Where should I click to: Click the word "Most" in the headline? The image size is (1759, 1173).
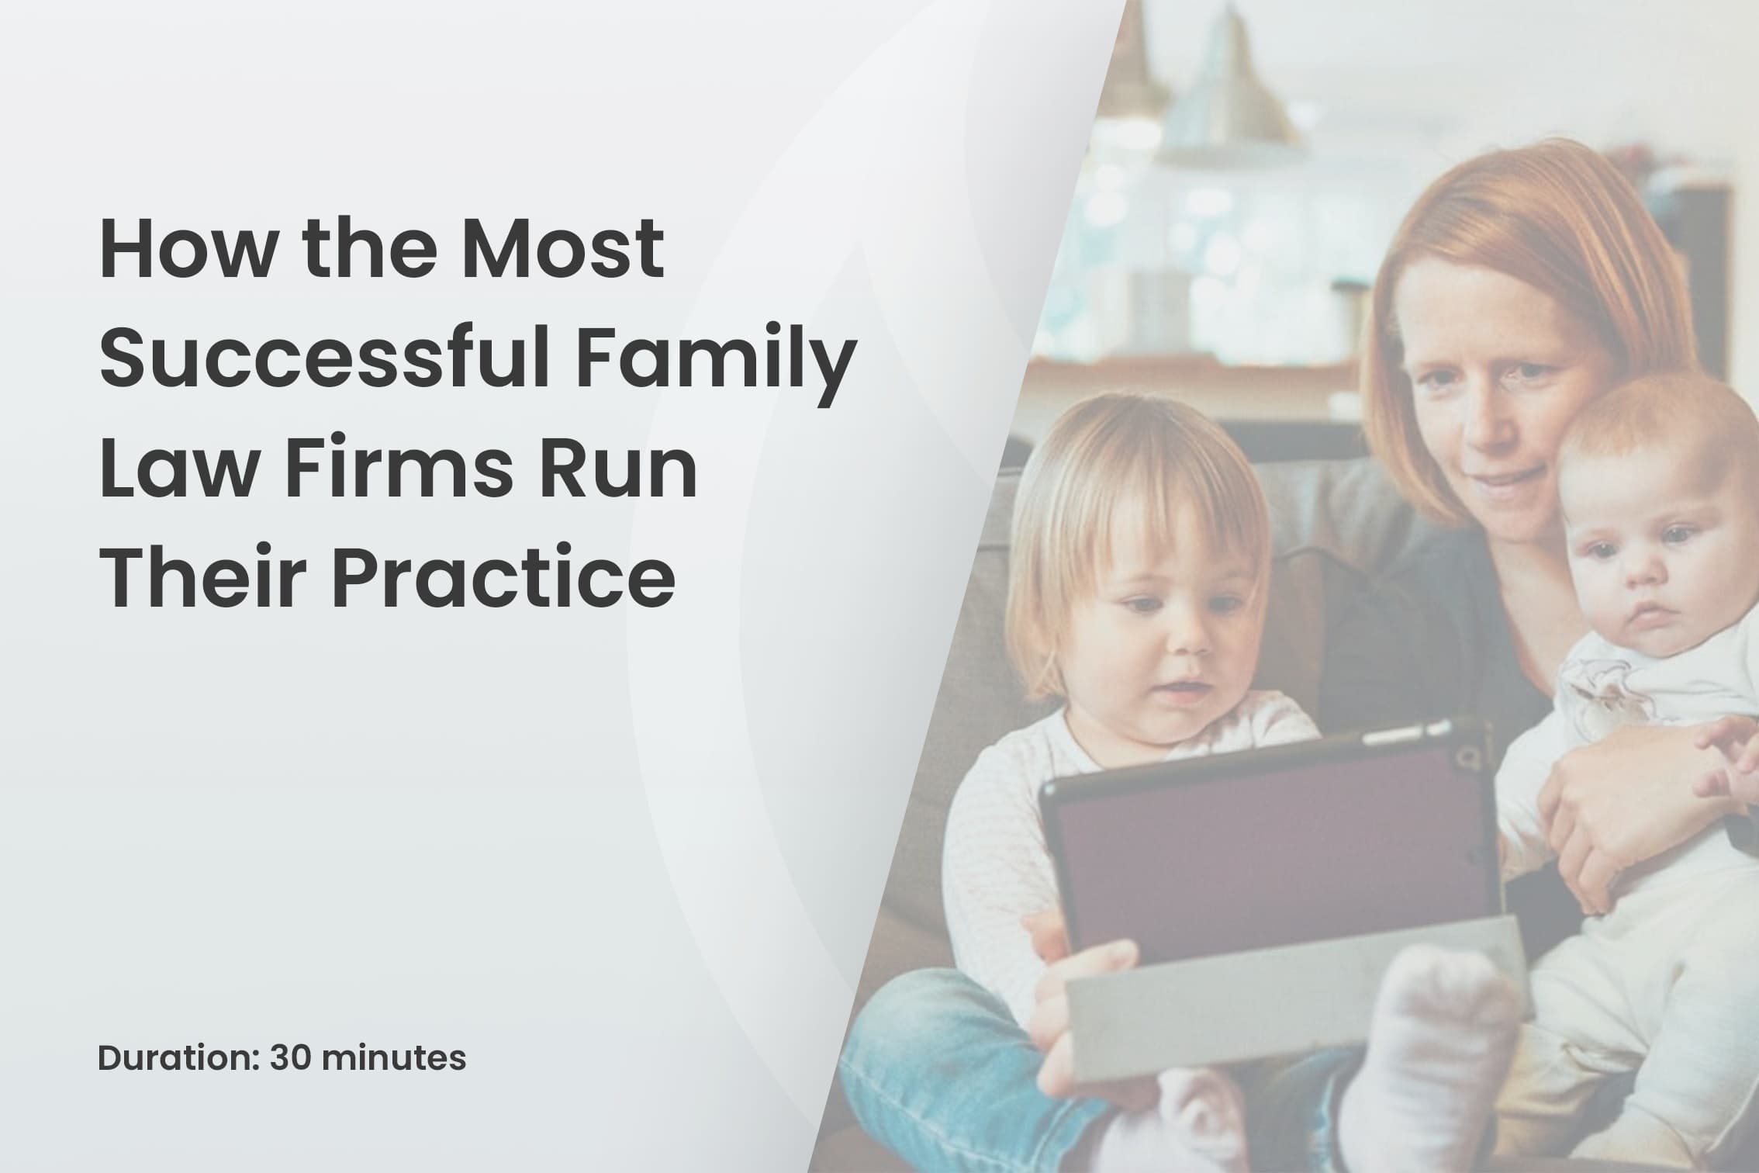(x=563, y=251)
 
